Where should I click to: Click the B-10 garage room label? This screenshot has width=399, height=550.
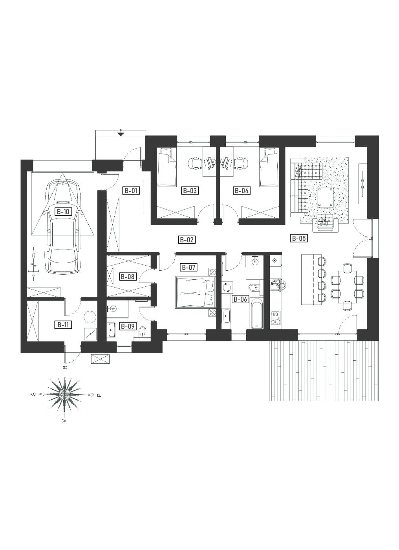point(63,211)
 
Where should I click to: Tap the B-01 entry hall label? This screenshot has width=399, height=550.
point(131,191)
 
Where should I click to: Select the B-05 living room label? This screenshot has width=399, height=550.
point(298,238)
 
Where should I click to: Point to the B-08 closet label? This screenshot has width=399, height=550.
point(128,277)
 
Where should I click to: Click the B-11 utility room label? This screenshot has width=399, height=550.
point(63,325)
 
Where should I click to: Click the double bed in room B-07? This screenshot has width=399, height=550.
point(196,292)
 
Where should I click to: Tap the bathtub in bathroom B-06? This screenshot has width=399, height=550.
point(257,313)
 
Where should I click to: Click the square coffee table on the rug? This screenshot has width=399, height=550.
point(325,197)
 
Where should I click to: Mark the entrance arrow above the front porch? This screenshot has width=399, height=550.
point(121,134)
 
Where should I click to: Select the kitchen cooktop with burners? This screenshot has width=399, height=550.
point(276,317)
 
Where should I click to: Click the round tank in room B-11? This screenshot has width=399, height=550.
point(90,317)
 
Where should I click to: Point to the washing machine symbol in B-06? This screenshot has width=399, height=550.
point(227,287)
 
